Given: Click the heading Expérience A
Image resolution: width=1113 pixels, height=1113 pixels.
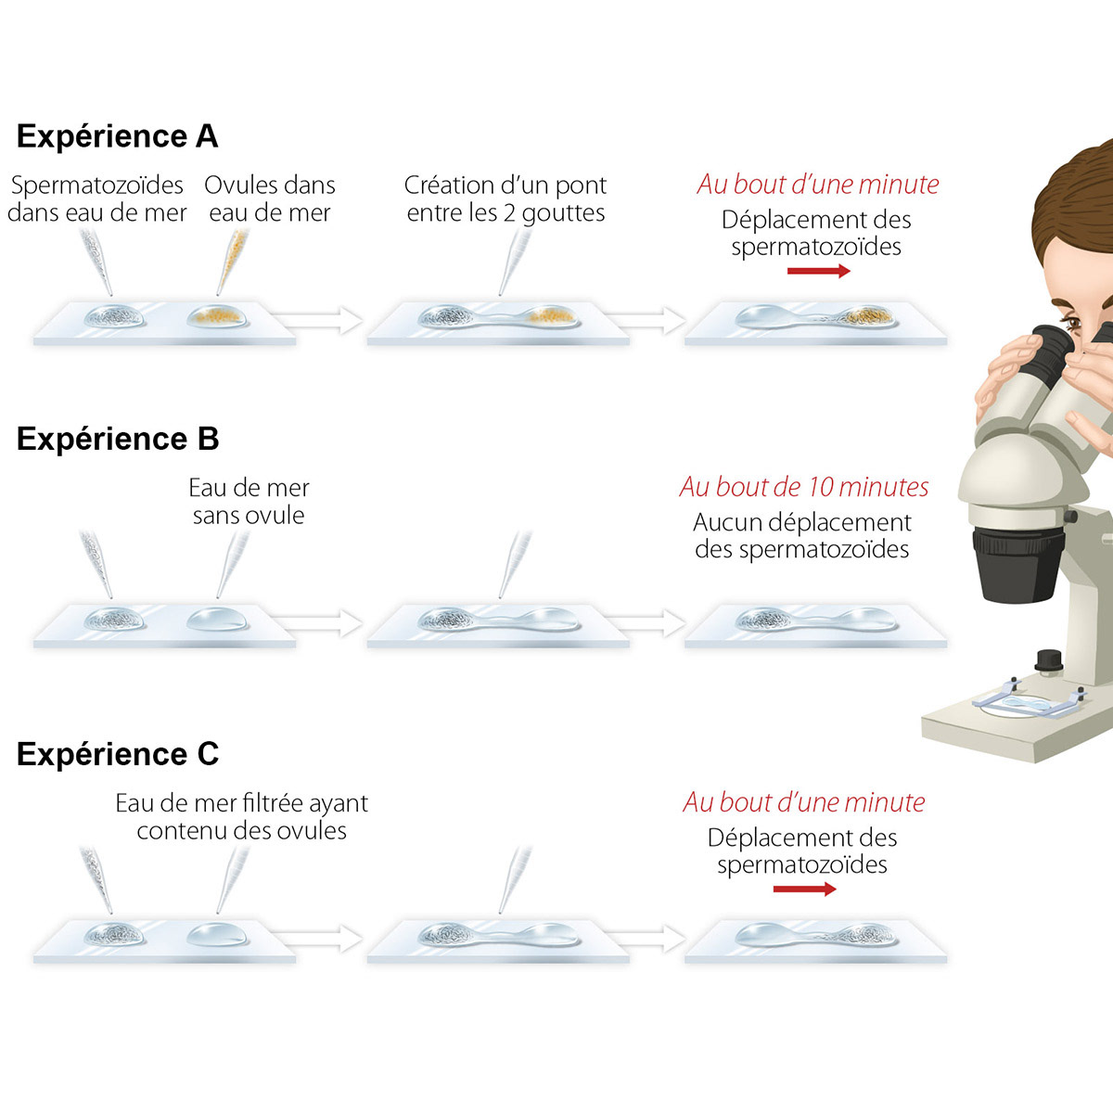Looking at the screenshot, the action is pos(117,136).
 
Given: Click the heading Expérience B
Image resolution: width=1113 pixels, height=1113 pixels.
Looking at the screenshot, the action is pos(118,439).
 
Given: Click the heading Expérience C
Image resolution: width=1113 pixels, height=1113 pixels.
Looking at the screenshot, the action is pos(118,753).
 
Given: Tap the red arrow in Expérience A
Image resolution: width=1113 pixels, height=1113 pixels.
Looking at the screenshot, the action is pos(818,271).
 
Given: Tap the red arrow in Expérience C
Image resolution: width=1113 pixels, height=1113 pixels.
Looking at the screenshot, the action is pos(804,889).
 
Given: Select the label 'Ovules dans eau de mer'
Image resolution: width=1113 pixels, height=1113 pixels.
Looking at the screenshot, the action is pos(270,198).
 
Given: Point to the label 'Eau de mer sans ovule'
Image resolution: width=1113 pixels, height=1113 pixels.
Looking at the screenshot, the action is pos(249,502).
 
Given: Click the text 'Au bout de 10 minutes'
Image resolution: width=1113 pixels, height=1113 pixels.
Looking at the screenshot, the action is pos(804,486).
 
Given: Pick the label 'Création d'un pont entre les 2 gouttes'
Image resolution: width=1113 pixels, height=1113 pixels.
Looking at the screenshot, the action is pos(505,198).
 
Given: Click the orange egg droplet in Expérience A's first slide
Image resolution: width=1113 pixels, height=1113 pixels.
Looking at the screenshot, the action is pos(217,316).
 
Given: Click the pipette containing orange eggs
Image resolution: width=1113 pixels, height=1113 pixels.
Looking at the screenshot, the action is pos(234,261).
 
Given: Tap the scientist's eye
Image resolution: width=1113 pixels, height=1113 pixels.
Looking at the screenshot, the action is pos(1072,322).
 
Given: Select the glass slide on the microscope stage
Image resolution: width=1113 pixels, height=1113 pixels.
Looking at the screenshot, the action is pos(1027,703).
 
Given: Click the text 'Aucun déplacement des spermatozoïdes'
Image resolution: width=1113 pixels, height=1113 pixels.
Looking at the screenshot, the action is pos(802,535).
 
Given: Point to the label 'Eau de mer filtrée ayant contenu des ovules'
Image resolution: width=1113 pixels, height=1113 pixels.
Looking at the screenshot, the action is pos(241,817).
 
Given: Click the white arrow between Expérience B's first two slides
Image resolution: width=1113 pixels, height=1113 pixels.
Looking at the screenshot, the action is pos(316,623).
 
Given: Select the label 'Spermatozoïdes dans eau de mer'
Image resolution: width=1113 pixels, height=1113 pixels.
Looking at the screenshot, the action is pos(97,198).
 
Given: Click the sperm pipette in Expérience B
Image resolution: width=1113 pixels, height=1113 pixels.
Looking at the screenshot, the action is pos(96,564).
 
